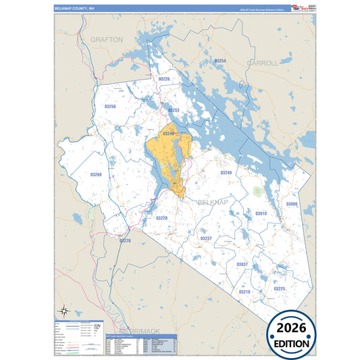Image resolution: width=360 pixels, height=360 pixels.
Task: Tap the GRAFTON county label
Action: pyautogui.click(x=107, y=40)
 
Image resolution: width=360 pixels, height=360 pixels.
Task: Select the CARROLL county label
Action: pyautogui.click(x=263, y=63)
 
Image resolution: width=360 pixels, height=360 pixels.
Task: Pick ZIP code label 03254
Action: pyautogui.click(x=220, y=61)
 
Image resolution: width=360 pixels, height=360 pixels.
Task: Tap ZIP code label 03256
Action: pyautogui.click(x=110, y=107)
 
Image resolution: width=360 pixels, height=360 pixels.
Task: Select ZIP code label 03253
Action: pyautogui.click(x=173, y=110)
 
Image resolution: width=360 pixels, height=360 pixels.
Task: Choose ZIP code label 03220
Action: pyautogui.click(x=161, y=218)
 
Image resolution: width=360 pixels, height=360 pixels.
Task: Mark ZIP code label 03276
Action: pyautogui.click(x=124, y=240)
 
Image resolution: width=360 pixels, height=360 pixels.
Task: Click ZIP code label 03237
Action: pyautogui.click(x=206, y=238)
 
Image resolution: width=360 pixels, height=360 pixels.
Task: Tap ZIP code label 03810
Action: pyautogui.click(x=261, y=213)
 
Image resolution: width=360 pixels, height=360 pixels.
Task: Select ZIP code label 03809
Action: pyautogui.click(x=291, y=203)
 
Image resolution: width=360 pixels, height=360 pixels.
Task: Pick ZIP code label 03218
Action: pyautogui.click(x=245, y=292)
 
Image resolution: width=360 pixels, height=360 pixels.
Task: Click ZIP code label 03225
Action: pyautogui.click(x=279, y=288)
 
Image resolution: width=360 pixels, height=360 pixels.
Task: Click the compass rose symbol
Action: pyautogui.click(x=63, y=311)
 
